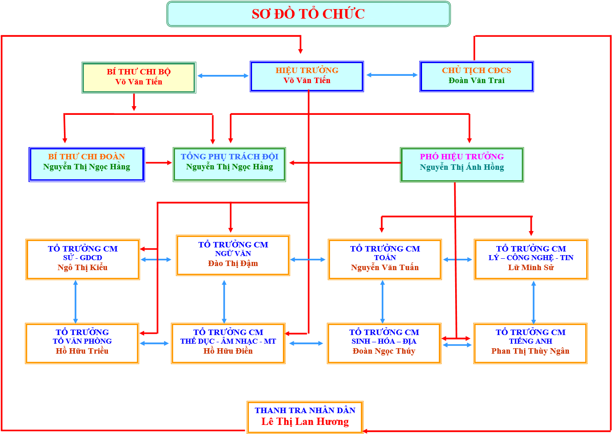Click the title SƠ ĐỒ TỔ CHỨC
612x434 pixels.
pos(308,14)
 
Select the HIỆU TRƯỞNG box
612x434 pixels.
pos(307,76)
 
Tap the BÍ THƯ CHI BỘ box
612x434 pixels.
pos(139,77)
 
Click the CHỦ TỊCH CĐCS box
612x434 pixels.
pos(476,76)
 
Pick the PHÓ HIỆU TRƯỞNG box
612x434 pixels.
pos(461,164)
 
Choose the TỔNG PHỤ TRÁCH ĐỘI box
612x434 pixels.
pos(229,164)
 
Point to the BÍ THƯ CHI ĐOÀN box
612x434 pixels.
pos(87,164)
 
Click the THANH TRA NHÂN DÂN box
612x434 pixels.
pos(305,417)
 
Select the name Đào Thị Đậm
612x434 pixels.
pos(233,263)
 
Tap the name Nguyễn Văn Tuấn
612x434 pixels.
pos(385,267)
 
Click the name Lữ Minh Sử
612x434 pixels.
pos(531,267)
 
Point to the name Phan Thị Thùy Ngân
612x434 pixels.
pos(530,351)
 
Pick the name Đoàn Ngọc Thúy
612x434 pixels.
pos(384,351)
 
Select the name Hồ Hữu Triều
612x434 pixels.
pos(82,351)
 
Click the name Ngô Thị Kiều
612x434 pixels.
pos(83,267)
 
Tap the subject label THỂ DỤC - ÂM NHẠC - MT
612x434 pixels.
pos(228,341)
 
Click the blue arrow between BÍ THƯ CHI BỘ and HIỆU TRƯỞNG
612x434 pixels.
pos(223,76)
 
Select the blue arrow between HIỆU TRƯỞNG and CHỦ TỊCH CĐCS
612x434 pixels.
pos(392,75)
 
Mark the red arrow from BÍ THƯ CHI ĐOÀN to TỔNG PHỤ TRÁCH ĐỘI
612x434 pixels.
pos(159,163)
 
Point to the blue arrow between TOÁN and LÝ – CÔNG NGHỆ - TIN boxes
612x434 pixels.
pos(457,260)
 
